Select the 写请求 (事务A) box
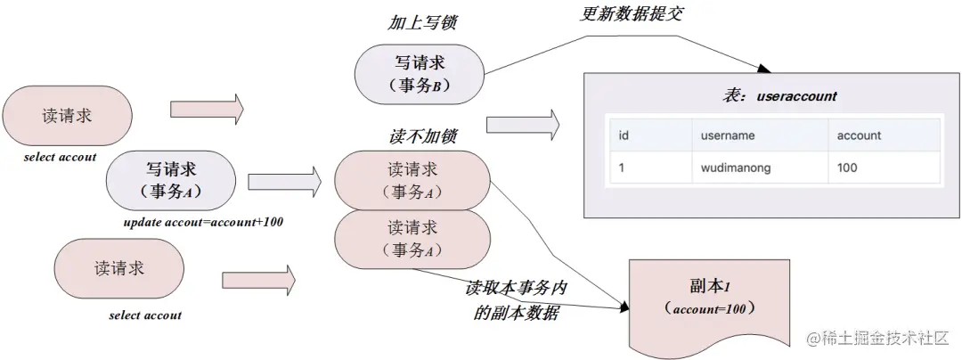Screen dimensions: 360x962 171,179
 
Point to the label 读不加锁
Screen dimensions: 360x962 423,136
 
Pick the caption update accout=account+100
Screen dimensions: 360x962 204,222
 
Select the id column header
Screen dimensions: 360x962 624,135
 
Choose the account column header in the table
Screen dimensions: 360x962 859,135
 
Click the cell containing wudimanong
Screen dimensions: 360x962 736,168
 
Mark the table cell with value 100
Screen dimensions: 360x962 847,168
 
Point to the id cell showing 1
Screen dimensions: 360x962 622,168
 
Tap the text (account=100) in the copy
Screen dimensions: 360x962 708,308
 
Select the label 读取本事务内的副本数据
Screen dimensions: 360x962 517,301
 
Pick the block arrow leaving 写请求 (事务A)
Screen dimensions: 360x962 284,182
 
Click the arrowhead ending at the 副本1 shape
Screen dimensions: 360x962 624,307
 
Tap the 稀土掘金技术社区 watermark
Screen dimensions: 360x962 876,339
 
